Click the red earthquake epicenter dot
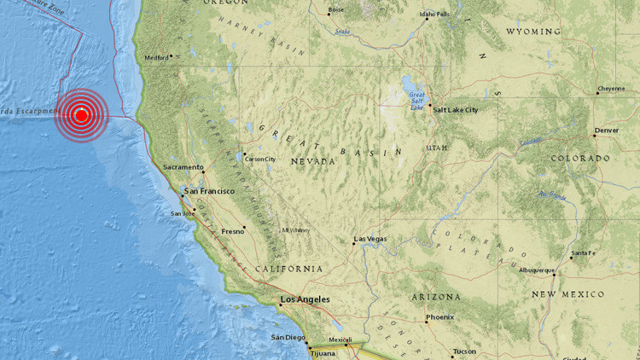[x=82, y=114]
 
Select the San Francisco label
[x=208, y=191]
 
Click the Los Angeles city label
[x=305, y=299]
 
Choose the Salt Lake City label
[x=456, y=110]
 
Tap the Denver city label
[x=607, y=130]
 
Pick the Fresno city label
[x=232, y=230]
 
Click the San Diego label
[x=288, y=337]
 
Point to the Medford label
[x=156, y=58]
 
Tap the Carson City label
[x=260, y=159]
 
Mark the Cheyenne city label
[x=610, y=88]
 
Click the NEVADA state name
[x=312, y=160]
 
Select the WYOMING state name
[x=533, y=32]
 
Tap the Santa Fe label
[x=584, y=253]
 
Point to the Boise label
[x=335, y=9]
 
